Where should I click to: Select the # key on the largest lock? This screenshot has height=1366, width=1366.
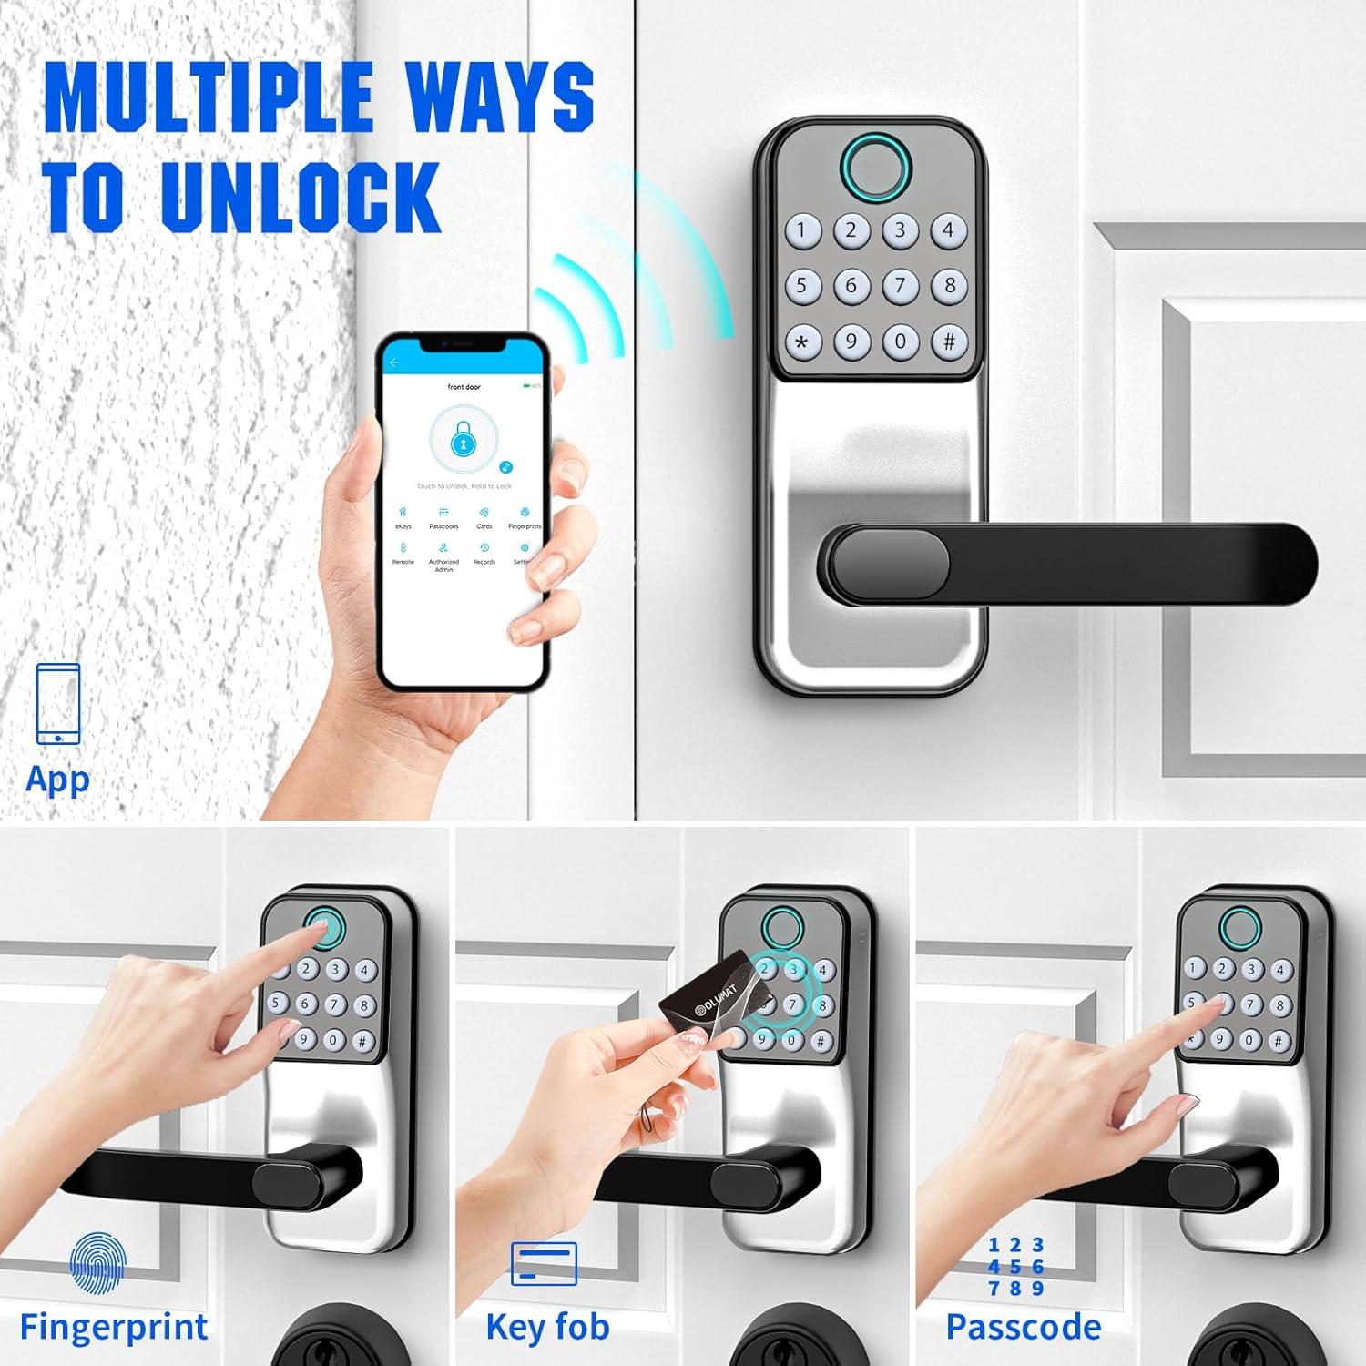point(949,341)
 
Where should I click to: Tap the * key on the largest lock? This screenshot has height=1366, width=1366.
point(801,342)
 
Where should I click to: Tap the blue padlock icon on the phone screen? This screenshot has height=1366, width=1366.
point(463,441)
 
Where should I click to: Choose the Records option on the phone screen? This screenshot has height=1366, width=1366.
point(484,553)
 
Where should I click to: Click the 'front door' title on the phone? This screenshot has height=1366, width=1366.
point(464,387)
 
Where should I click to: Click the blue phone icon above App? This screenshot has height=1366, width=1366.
point(58,703)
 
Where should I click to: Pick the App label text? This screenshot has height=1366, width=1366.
point(57,780)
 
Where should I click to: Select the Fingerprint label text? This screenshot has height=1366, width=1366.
point(114,1326)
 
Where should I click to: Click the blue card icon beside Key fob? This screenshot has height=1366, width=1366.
point(544,1264)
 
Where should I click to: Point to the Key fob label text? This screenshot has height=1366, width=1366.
point(547,1326)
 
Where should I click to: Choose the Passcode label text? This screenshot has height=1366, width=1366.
point(1024,1326)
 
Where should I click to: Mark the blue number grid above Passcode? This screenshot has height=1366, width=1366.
point(1015,1266)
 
